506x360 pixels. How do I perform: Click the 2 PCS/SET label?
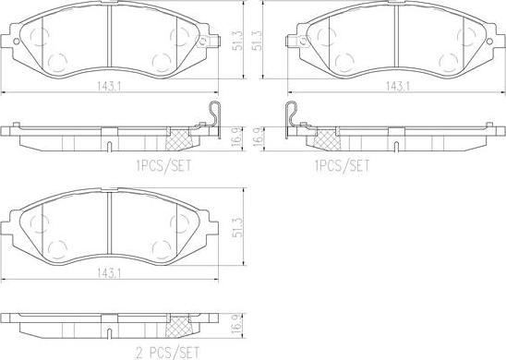[167, 353]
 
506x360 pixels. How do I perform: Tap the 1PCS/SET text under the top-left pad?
[163, 166]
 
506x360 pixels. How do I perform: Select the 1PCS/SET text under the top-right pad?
[342, 166]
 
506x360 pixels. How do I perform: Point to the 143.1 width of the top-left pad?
[109, 86]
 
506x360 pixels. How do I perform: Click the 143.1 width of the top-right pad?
[398, 86]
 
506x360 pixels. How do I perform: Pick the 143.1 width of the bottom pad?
[109, 273]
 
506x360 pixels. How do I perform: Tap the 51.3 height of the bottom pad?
[238, 227]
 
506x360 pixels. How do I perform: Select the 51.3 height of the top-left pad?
[238, 41]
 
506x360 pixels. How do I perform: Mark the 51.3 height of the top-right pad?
[257, 41]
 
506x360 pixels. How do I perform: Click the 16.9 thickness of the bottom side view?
[238, 324]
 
